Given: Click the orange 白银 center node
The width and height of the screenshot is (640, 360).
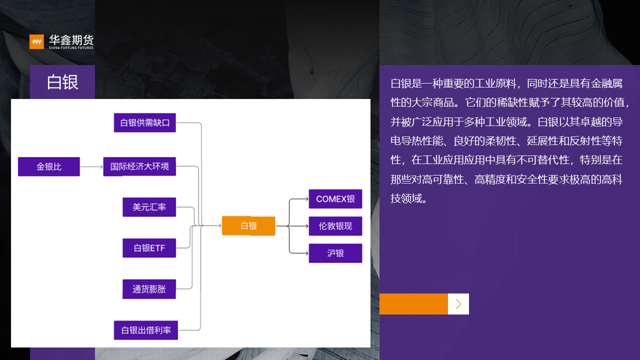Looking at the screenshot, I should tap(248, 226).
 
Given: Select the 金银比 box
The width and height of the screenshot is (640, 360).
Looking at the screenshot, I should tap(49, 166).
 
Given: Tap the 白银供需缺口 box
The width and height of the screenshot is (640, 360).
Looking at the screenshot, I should tap(145, 122).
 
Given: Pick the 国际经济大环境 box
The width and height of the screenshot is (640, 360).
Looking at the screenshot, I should tap(139, 166).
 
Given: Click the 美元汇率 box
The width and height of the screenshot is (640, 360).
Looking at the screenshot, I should tap(149, 207).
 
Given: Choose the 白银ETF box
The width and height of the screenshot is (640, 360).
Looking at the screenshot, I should tap(149, 248).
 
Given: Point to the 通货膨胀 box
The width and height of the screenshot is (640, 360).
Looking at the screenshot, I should tap(149, 289).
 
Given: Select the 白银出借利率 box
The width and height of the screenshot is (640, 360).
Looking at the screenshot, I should tap(145, 330).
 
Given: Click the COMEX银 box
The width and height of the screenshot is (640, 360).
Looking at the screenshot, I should tap(335, 199).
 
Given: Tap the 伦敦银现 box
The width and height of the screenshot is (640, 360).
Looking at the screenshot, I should tap(335, 226).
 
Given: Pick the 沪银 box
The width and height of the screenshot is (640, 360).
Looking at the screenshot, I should tap(335, 253).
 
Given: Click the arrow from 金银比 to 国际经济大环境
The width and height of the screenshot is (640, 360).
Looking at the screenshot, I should tap(91, 166).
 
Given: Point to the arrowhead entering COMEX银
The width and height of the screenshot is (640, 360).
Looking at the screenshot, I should tap(306, 199).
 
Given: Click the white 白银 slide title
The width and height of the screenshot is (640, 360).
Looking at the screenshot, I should tap(62, 82).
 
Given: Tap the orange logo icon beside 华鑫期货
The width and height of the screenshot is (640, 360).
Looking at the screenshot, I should tap(36, 41).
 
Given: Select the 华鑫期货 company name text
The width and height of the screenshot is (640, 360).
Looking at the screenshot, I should tap(71, 40).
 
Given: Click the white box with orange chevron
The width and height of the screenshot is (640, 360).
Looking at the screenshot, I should tap(458, 304).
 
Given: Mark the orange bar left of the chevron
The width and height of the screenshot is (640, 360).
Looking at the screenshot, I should tap(413, 304).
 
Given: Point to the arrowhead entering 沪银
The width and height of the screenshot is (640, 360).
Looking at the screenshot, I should tap(306, 253).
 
